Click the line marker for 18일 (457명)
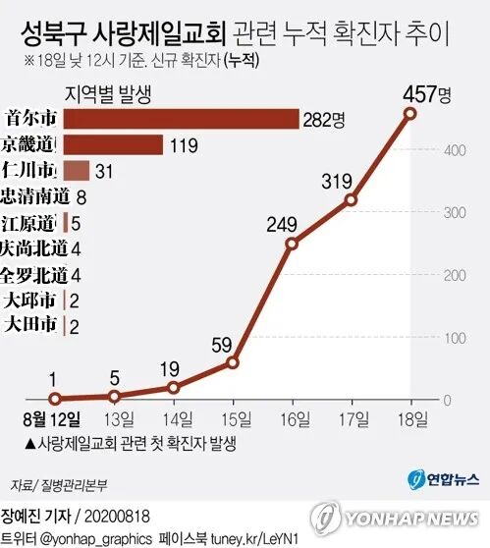[x=409, y=114]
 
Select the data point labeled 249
[x=292, y=244]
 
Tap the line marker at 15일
[x=233, y=362]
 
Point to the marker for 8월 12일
[x=55, y=399]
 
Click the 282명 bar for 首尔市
[x=182, y=119]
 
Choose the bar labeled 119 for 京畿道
[x=113, y=144]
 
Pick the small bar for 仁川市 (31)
[x=77, y=171]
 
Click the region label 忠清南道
[x=35, y=196]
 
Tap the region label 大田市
[x=30, y=324]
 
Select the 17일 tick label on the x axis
[x=354, y=419]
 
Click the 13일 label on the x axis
[x=119, y=419]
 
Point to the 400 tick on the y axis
[x=455, y=150]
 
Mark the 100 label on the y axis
[x=455, y=338]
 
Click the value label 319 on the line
[x=337, y=182]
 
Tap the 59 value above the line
[x=222, y=345]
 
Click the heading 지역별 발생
[x=108, y=94]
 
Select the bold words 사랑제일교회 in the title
[x=159, y=34]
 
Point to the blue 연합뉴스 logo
[x=444, y=480]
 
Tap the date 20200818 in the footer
[x=117, y=517]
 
